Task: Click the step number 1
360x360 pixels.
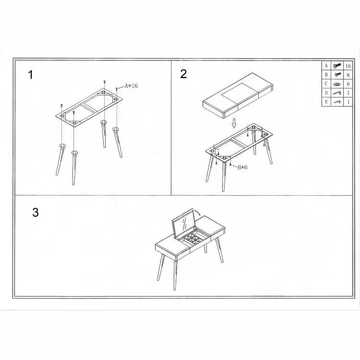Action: [x=31, y=75]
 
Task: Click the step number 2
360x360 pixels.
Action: [x=183, y=74]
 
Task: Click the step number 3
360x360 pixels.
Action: [x=36, y=212]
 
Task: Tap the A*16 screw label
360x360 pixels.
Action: [x=131, y=86]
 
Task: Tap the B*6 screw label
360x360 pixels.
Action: [x=242, y=168]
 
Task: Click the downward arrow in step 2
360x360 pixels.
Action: [x=234, y=123]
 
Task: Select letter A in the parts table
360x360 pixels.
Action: [x=326, y=66]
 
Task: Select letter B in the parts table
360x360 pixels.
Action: [x=326, y=75]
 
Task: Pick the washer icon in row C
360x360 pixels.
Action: [x=337, y=84]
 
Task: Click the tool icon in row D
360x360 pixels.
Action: [x=337, y=93]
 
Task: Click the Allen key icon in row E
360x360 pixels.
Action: [x=337, y=102]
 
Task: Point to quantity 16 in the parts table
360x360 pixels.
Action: [x=348, y=66]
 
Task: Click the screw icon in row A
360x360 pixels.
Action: [x=337, y=66]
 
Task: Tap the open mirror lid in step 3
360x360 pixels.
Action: [x=183, y=223]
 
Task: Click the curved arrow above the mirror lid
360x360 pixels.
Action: [x=197, y=212]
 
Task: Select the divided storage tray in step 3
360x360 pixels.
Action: [x=192, y=239]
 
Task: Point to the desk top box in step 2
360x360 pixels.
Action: [x=238, y=96]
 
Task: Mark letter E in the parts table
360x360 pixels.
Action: [x=326, y=102]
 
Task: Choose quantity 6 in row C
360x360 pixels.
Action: [x=348, y=84]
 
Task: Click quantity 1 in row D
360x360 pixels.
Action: [x=348, y=93]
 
